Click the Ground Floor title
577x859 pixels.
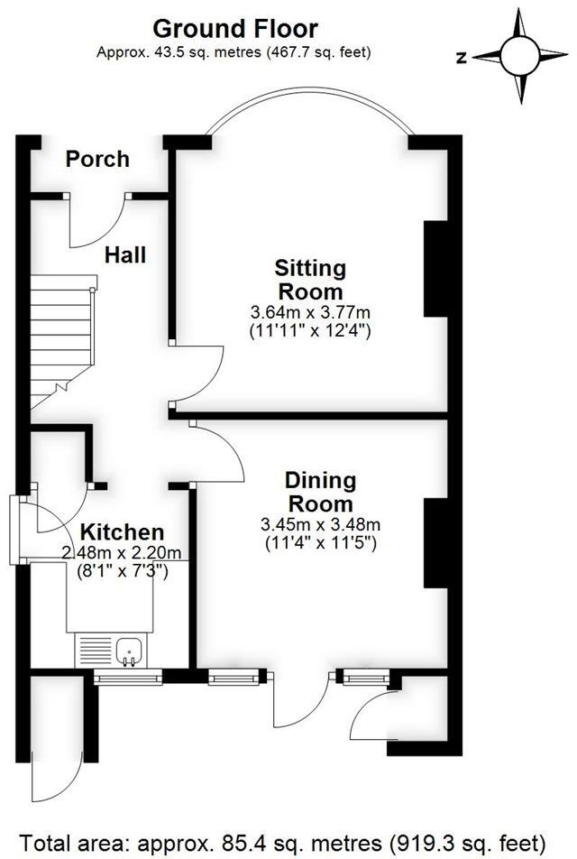coord(234,29)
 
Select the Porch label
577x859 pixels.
coord(98,160)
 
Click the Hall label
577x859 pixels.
coord(125,255)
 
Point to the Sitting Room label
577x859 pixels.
coord(310,280)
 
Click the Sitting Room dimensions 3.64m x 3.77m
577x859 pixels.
coord(310,312)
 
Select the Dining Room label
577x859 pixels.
coord(320,492)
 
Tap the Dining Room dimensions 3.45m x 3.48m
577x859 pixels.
coord(320,524)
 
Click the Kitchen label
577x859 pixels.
coord(122,532)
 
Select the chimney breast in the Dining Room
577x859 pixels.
coord(435,541)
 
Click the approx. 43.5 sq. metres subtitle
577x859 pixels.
coord(234,52)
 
